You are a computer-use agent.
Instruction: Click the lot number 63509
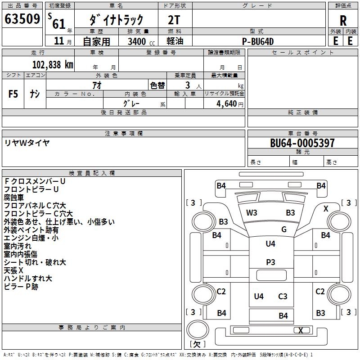[x=22, y=19]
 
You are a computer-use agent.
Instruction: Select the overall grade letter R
[x=343, y=20]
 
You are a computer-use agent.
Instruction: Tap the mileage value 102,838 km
[x=53, y=64]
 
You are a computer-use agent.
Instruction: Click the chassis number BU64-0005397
[x=302, y=143]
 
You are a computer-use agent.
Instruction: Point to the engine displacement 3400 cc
[x=138, y=41]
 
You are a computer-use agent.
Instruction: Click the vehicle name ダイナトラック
[x=117, y=19]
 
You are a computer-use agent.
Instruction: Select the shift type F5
[x=13, y=94]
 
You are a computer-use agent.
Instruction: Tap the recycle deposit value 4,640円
[x=229, y=104]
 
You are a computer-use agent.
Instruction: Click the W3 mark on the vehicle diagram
[x=252, y=213]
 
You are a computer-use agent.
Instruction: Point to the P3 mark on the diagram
[x=270, y=262]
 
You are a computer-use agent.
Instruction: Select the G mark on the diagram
[x=284, y=229]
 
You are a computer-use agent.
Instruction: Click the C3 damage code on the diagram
[x=283, y=297]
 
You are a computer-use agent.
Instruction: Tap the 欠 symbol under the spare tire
[x=197, y=344]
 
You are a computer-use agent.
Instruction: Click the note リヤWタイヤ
[x=27, y=143]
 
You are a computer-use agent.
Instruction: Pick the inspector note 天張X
[x=13, y=270]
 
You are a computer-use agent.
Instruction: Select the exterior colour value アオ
[x=97, y=85]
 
